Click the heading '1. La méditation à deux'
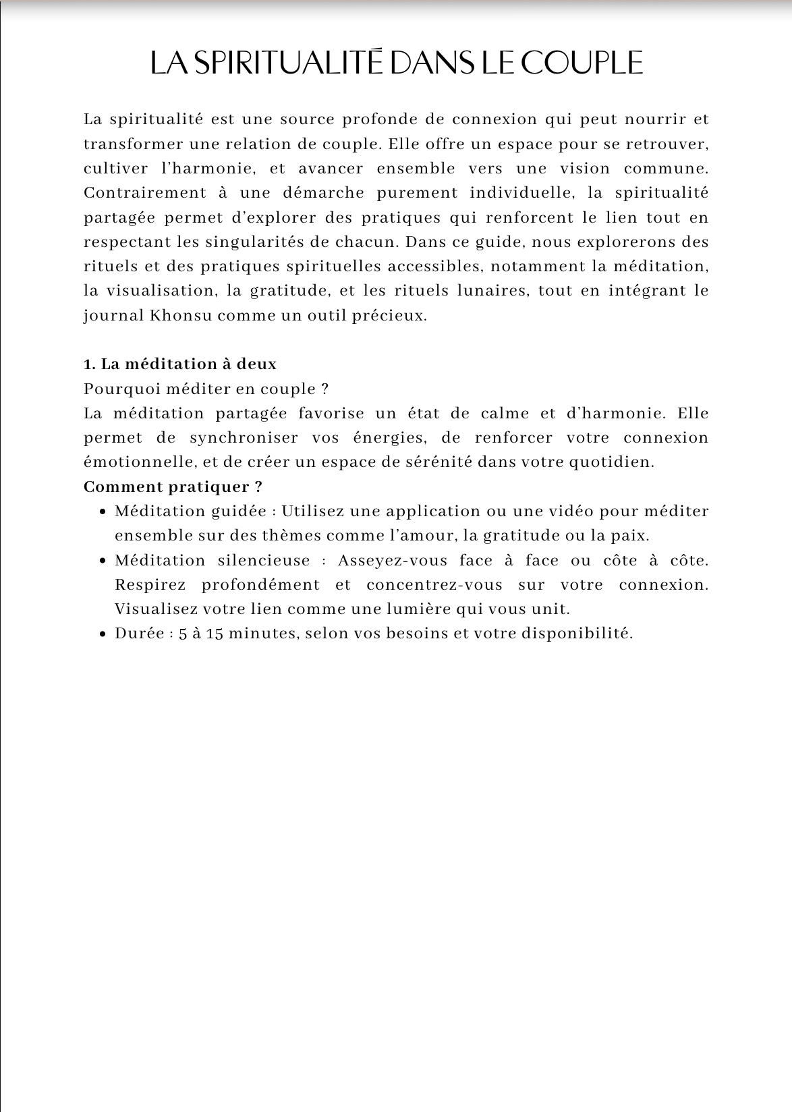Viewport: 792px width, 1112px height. click(180, 364)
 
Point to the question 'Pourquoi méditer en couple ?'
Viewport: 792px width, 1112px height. click(206, 389)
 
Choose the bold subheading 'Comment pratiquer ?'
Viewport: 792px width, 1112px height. click(173, 486)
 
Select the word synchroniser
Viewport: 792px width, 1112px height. click(244, 438)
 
